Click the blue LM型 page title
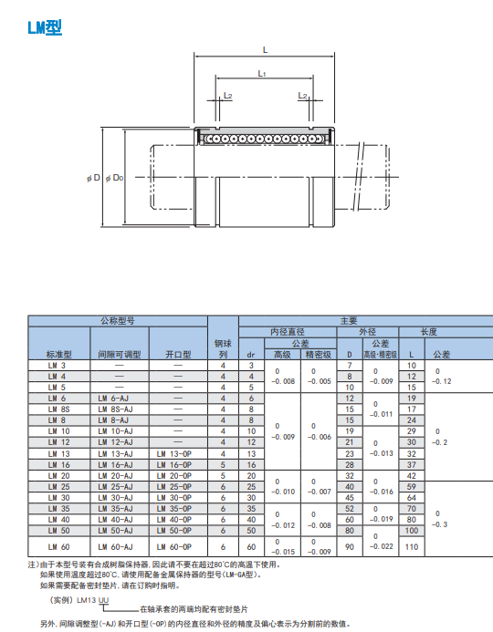45,27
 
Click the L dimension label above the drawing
265,50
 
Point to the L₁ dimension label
262,74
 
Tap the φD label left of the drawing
94,178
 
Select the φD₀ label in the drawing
114,178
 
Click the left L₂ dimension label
228,96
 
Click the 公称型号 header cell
118,321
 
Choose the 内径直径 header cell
288,332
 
